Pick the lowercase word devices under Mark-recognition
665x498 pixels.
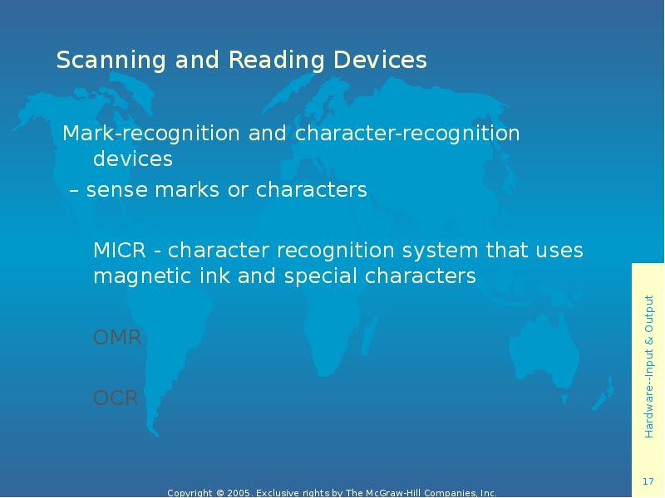pos(132,159)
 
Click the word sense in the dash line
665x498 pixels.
pos(113,191)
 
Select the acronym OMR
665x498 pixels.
pos(117,338)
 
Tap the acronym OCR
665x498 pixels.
pos(116,398)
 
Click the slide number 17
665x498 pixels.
pos(648,482)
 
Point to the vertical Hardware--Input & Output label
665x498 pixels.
pos(648,365)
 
